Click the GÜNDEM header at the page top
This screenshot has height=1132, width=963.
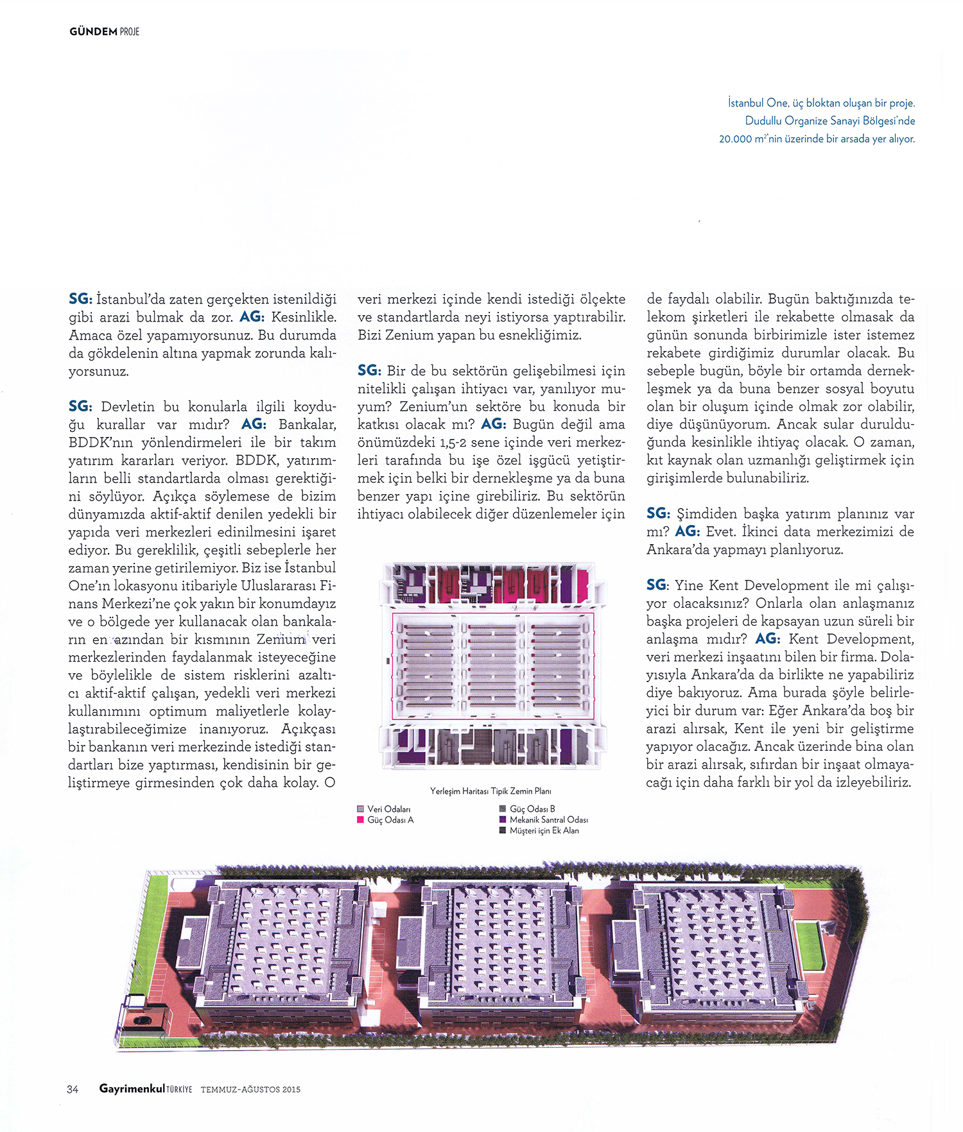[x=93, y=31]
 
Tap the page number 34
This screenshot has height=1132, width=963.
[x=73, y=1089]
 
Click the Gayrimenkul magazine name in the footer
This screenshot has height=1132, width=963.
[x=132, y=1088]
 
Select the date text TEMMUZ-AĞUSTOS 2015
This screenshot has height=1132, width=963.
[x=250, y=1089]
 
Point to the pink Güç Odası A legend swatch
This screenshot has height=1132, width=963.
[x=361, y=819]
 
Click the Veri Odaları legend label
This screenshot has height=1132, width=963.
[x=389, y=809]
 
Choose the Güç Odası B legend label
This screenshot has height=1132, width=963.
[x=532, y=809]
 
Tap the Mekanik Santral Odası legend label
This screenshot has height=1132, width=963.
[x=548, y=819]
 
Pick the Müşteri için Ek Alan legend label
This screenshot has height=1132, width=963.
[x=544, y=830]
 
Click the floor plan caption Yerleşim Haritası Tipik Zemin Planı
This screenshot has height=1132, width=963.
[x=490, y=791]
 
